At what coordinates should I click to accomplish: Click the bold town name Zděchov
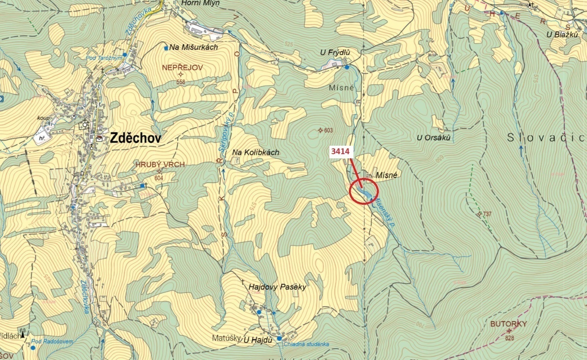click(x=136, y=138)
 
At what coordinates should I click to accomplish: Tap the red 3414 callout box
click(x=340, y=151)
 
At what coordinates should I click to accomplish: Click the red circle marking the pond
click(x=364, y=191)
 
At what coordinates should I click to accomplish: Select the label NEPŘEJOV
click(x=182, y=67)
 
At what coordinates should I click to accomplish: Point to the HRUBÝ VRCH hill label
click(x=160, y=164)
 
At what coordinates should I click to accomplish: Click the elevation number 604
click(x=159, y=178)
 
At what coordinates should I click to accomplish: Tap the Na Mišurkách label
click(x=194, y=47)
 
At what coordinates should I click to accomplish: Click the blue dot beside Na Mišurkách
click(x=166, y=48)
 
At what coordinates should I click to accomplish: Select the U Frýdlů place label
click(x=335, y=52)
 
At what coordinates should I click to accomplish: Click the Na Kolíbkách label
click(x=256, y=152)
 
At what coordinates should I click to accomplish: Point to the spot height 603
click(x=328, y=130)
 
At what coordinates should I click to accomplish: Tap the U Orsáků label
click(x=433, y=138)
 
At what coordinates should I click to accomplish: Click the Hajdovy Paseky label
click(x=277, y=287)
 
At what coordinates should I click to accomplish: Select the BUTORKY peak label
click(x=508, y=324)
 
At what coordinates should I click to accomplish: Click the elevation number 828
click(x=509, y=338)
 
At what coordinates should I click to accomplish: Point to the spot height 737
click(x=487, y=214)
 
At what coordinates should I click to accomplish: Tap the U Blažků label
click(x=562, y=35)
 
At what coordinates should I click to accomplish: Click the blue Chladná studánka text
click(x=306, y=344)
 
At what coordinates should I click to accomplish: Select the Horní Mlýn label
click(x=201, y=3)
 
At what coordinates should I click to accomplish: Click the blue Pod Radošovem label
click(x=52, y=342)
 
